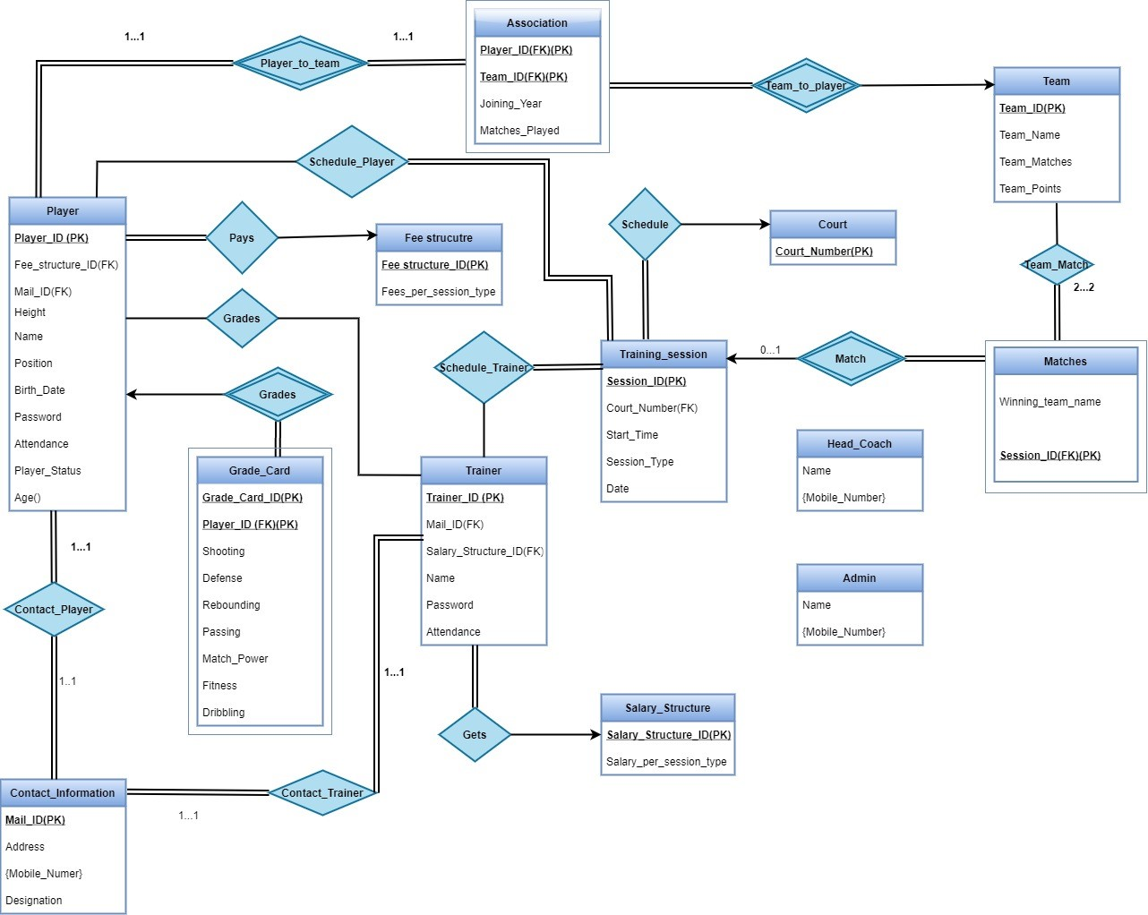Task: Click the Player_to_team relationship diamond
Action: click(300, 64)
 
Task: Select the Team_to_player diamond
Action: click(806, 86)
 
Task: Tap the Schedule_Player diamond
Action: click(352, 162)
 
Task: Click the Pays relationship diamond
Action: click(242, 238)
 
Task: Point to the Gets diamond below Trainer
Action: click(475, 735)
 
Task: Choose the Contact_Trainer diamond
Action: click(322, 793)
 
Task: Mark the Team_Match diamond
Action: click(1057, 265)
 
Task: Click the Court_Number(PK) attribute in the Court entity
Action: click(824, 252)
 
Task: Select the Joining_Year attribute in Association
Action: click(510, 104)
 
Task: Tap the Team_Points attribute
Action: click(1030, 189)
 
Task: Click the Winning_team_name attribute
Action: click(1049, 402)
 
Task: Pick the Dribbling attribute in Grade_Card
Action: click(224, 713)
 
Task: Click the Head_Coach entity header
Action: click(860, 444)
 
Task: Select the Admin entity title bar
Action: click(860, 578)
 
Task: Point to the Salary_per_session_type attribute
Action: click(666, 762)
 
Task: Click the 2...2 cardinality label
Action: click(1084, 287)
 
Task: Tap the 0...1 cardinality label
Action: click(770, 350)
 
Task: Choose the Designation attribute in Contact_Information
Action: click(34, 901)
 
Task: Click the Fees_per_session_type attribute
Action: click(438, 292)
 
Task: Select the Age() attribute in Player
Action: click(28, 498)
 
